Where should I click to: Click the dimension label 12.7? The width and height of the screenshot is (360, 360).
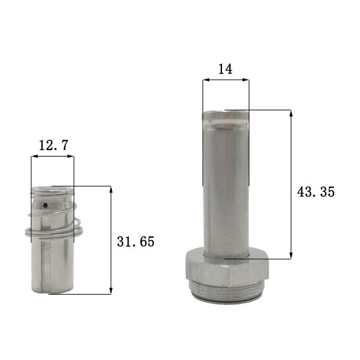(53, 145)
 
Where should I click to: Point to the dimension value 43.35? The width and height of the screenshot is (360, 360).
(316, 192)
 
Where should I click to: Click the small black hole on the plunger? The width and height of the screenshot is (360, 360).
(44, 205)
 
